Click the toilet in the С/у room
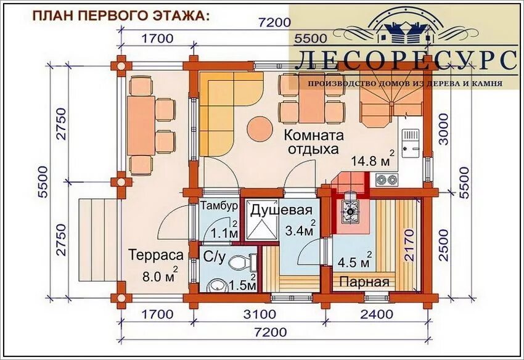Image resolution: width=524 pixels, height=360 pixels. [x=243, y=263]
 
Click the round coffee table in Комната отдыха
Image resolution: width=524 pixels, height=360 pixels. [x=260, y=129]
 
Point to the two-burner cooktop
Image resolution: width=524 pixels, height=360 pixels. [x=387, y=180]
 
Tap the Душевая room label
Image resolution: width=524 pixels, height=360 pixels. [x=281, y=210]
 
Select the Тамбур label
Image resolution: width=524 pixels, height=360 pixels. [x=219, y=205]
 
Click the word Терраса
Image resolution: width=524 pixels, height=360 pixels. [x=156, y=255]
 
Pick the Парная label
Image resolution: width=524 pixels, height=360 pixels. [x=364, y=282]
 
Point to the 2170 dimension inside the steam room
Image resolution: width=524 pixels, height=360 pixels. [x=409, y=245]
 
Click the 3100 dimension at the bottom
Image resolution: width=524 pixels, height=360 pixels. [x=260, y=314]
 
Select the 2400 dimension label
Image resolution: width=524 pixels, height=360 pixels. [x=377, y=314]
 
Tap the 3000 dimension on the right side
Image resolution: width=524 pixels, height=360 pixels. [x=443, y=129]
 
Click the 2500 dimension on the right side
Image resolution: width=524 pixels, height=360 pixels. [x=443, y=245]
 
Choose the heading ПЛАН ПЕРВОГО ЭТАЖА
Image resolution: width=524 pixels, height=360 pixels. [x=121, y=15]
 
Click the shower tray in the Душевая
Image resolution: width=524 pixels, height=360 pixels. [x=261, y=220]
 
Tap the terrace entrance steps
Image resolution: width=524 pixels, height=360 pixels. [x=99, y=240]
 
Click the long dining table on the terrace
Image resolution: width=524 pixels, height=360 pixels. [x=141, y=125]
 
